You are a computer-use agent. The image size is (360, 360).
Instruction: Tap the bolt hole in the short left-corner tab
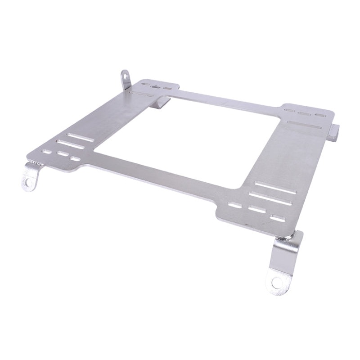click(x=28, y=182)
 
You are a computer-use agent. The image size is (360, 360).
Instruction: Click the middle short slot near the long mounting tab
click(x=256, y=210)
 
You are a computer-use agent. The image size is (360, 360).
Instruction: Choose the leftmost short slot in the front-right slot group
click(x=234, y=205)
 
